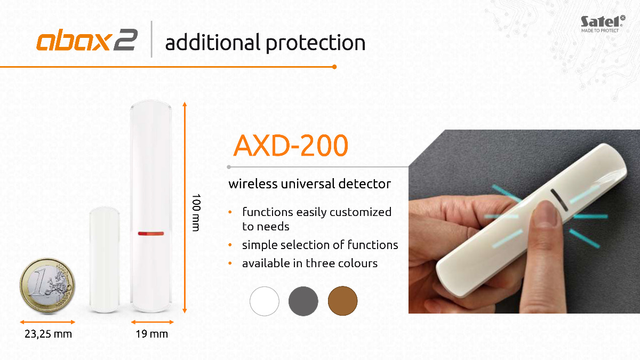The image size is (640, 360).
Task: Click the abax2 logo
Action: tap(87, 40)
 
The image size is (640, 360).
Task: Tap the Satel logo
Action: tap(603, 24)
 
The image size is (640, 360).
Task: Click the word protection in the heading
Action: tap(315, 43)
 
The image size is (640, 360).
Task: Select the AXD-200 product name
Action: tap(291, 146)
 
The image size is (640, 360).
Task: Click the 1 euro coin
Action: tap(47, 286)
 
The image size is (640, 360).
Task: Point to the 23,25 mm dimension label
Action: tap(48, 334)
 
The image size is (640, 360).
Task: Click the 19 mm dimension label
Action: tap(151, 334)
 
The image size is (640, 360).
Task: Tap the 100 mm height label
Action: tap(196, 213)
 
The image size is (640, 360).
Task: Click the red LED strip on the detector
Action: tap(151, 234)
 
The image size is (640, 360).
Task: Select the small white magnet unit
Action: tap(105, 260)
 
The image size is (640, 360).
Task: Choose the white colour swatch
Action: tap(265, 301)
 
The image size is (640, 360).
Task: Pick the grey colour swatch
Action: tap(303, 301)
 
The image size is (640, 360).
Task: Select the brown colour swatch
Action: tap(342, 301)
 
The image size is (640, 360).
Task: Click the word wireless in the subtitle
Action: tap(253, 183)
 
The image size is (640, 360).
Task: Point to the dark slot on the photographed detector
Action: tap(559, 201)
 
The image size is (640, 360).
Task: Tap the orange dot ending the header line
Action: tap(334, 67)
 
